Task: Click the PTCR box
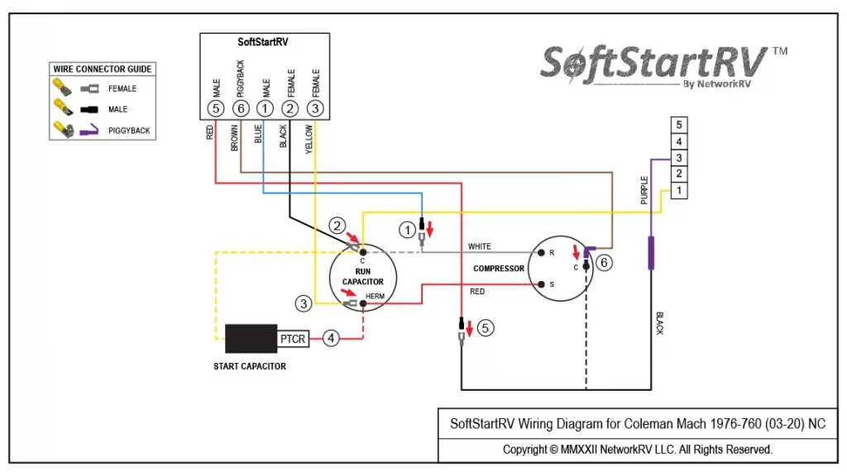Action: (293, 339)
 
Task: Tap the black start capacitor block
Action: (251, 339)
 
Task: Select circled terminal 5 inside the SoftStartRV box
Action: (216, 108)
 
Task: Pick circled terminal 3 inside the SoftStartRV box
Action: (315, 108)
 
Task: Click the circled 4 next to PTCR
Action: (331, 339)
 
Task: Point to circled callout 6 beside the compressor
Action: (603, 263)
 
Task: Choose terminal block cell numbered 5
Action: (679, 125)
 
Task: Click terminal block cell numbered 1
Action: (679, 191)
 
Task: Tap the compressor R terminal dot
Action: (541, 252)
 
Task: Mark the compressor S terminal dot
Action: (541, 284)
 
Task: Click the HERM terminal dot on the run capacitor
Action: (363, 303)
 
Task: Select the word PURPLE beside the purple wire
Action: (644, 190)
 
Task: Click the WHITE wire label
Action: (479, 246)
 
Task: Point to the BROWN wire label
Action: (234, 138)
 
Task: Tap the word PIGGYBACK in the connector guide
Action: (129, 131)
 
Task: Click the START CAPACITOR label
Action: (250, 366)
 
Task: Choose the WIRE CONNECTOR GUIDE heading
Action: (102, 69)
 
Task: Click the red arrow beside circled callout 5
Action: (470, 328)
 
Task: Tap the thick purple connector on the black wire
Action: (651, 253)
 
